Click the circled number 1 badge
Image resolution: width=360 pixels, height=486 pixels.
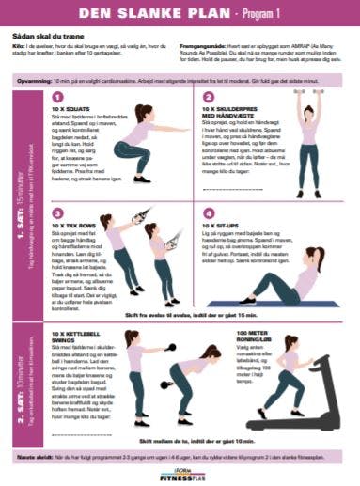[x=59, y=96]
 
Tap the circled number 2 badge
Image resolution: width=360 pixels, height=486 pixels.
[x=208, y=96]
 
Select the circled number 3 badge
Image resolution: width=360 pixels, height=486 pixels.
[x=59, y=213]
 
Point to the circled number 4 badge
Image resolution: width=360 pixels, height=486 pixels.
[x=208, y=213]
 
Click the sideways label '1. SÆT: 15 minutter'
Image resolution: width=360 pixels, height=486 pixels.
[x=19, y=202]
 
